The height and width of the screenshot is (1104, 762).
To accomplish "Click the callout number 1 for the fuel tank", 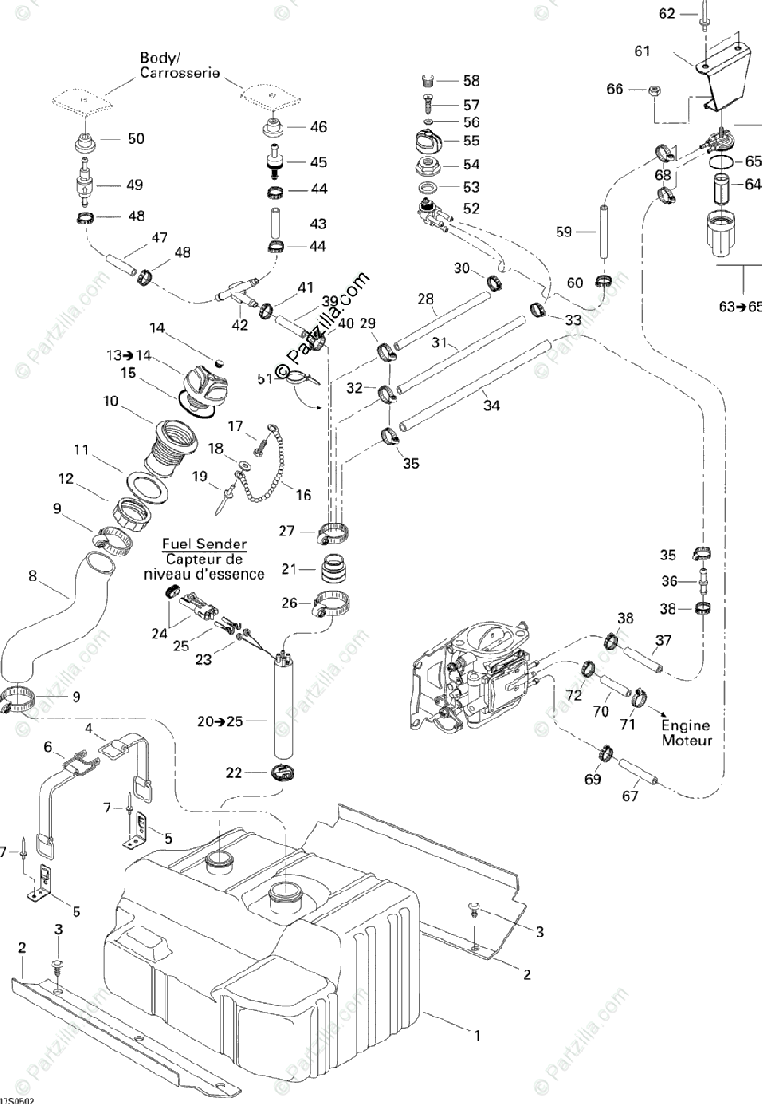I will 476,1037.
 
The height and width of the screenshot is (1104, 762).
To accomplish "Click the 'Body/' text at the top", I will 156,57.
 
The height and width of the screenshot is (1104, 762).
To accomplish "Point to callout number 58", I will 470,82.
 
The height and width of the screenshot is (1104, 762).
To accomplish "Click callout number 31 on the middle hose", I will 438,342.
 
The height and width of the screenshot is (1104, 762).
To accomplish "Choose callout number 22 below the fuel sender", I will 236,773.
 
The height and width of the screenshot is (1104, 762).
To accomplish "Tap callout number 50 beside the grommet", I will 135,139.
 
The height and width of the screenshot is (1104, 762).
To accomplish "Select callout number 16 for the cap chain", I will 303,495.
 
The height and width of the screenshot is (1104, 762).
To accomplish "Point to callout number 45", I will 317,162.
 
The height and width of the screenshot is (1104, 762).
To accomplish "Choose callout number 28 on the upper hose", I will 425,298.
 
